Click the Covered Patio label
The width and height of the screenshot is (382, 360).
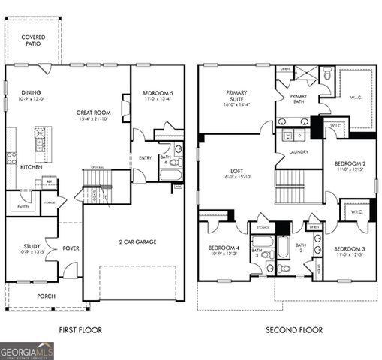click(x=32, y=40)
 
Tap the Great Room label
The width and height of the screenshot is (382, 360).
click(x=94, y=113)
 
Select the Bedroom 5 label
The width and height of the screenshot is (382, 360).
click(x=157, y=92)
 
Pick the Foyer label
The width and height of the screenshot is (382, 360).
click(x=71, y=248)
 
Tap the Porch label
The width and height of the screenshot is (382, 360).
click(x=47, y=295)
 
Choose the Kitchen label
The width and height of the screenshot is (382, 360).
click(x=31, y=166)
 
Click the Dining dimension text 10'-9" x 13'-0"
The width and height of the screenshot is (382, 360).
click(x=33, y=98)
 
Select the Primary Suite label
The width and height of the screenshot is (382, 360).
click(x=236, y=97)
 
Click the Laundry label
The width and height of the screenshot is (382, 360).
click(x=298, y=152)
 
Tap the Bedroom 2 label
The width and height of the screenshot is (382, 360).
click(x=350, y=163)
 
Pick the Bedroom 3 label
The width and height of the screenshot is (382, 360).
click(x=350, y=248)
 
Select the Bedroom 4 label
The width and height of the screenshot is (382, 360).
click(x=224, y=248)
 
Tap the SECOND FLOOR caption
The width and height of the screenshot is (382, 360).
click(x=294, y=330)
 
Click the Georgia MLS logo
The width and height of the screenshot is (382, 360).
click(x=27, y=351)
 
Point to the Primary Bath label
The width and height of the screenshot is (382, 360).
click(x=299, y=99)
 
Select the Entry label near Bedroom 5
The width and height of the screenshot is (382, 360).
click(x=146, y=158)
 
